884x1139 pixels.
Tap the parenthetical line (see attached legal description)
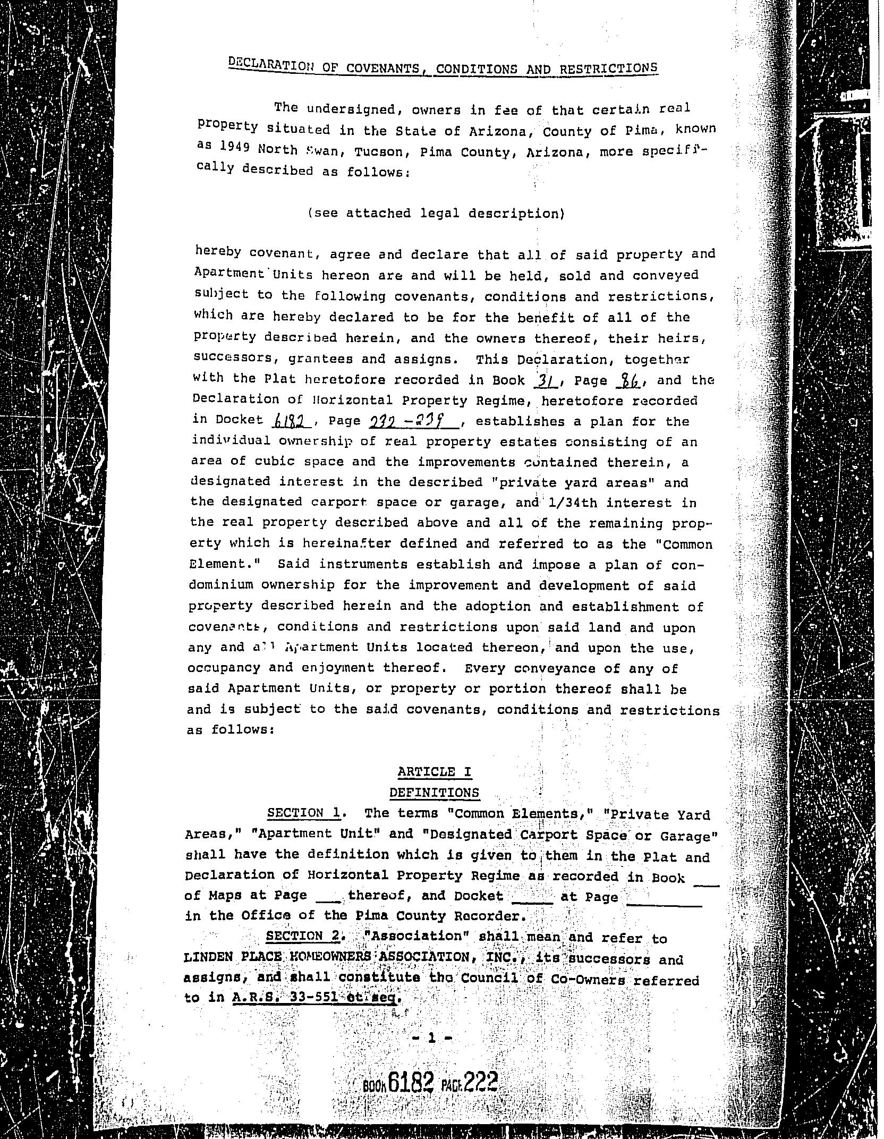click(436, 214)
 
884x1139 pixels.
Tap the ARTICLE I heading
click(435, 772)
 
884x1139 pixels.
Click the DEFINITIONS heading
click(434, 793)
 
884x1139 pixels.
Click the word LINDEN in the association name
click(208, 957)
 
